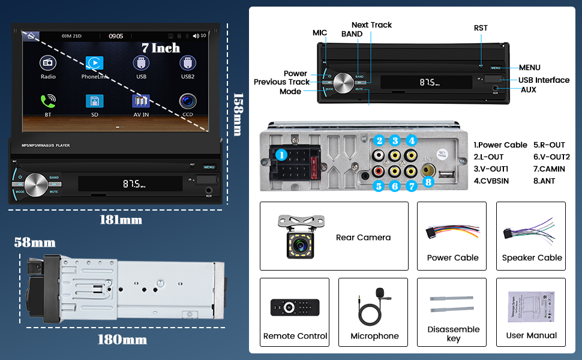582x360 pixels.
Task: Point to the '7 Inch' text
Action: [161, 47]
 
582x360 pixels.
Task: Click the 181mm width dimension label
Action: [121, 220]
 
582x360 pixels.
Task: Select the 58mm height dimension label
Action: [35, 243]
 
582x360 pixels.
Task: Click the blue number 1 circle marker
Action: [281, 155]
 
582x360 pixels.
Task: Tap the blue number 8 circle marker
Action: [428, 181]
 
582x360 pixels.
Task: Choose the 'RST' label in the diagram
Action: [481, 28]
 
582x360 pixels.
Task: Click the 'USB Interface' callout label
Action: [544, 80]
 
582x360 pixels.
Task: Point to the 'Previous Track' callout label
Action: [281, 82]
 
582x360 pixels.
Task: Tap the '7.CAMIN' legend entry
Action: [548, 169]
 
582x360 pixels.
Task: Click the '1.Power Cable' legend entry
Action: [500, 145]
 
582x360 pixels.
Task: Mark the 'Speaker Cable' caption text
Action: [532, 258]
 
